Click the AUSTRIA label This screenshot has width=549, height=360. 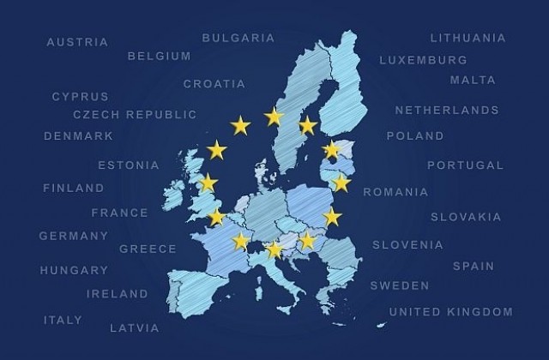(x=77, y=42)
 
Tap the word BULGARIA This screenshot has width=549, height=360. (x=238, y=38)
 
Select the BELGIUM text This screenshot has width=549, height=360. (x=159, y=57)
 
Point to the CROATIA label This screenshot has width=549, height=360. (x=214, y=84)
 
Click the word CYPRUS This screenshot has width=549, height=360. (x=81, y=97)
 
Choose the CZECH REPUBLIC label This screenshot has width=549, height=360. (x=135, y=115)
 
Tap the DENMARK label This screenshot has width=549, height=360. (x=79, y=136)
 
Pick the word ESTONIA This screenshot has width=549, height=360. (x=129, y=165)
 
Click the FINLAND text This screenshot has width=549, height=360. (x=74, y=188)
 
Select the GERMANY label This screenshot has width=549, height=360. (x=74, y=236)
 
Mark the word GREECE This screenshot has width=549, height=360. (x=148, y=249)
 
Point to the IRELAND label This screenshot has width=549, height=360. (x=118, y=294)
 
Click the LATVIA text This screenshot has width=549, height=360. (x=134, y=328)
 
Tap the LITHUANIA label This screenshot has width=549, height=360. (x=468, y=38)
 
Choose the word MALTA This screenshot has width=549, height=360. (x=473, y=80)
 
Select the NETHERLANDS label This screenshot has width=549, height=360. (x=447, y=111)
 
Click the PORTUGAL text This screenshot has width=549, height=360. (x=466, y=165)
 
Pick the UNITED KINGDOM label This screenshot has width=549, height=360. (x=451, y=312)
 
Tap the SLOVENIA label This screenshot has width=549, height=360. (x=407, y=245)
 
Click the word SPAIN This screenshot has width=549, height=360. (x=474, y=267)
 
